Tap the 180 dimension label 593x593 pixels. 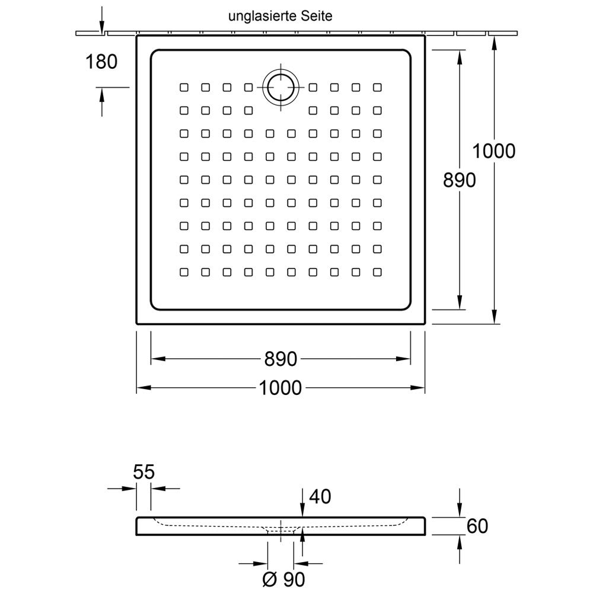pyautogui.click(x=102, y=61)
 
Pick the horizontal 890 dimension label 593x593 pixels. pyautogui.click(x=280, y=359)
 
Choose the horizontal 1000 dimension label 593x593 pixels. pyautogui.click(x=280, y=388)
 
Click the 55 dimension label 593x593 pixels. pyautogui.click(x=144, y=472)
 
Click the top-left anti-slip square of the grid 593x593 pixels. pyautogui.click(x=184, y=88)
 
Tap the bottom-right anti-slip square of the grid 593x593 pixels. pyautogui.click(x=377, y=272)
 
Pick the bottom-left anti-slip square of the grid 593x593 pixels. pyautogui.click(x=184, y=272)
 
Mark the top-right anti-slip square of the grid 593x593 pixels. pyautogui.click(x=377, y=88)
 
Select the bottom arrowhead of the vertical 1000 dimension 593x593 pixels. pyautogui.click(x=494, y=318)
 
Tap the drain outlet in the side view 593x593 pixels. pyautogui.click(x=280, y=530)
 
